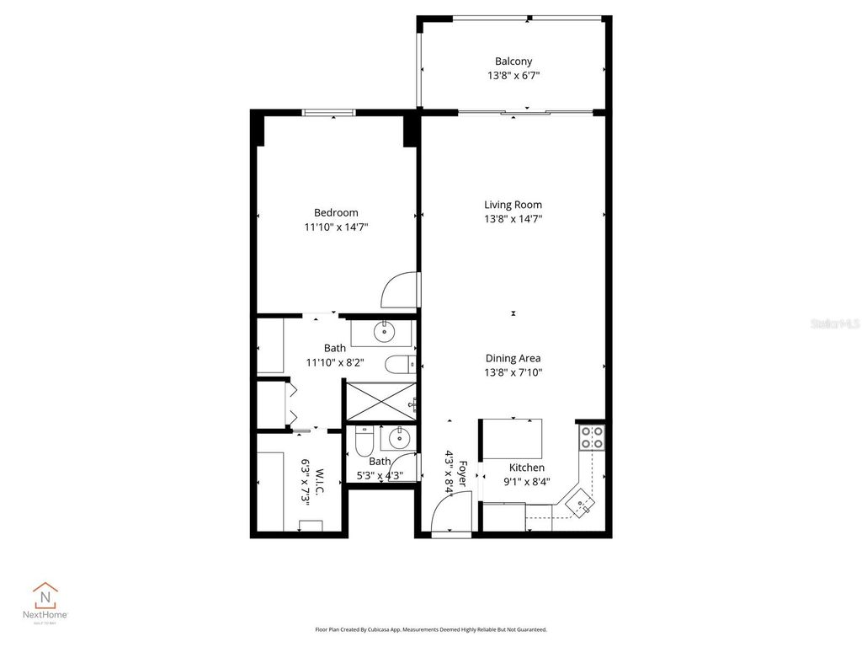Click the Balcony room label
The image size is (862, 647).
(x=513, y=61)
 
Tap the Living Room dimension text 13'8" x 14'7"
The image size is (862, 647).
(x=513, y=219)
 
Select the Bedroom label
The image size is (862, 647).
(x=336, y=213)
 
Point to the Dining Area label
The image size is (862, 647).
(x=513, y=358)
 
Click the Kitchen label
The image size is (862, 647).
(x=527, y=468)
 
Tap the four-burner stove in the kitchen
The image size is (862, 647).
(x=592, y=436)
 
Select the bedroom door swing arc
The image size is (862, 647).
(x=397, y=291)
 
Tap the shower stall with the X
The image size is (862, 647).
(x=381, y=400)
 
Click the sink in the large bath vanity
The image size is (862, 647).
(x=385, y=332)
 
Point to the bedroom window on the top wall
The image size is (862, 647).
(x=329, y=113)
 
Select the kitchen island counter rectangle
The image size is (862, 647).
(x=512, y=438)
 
